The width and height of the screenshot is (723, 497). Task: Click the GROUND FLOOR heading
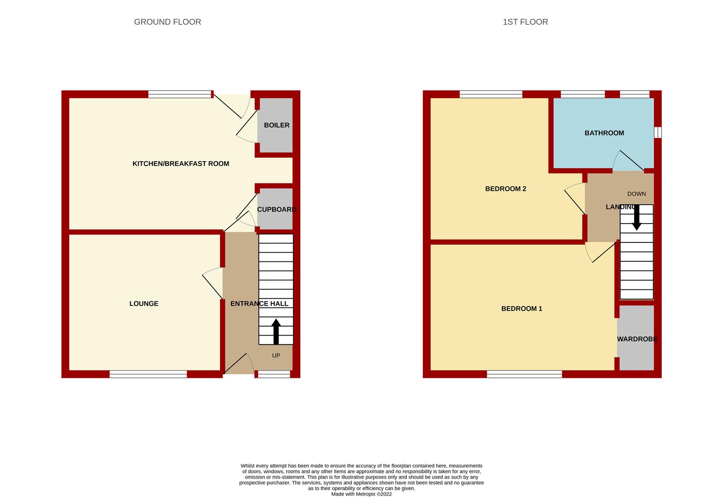click(168, 22)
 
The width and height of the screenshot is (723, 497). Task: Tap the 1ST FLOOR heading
click(525, 22)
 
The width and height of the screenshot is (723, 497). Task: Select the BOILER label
click(277, 125)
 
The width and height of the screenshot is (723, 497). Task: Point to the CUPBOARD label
click(277, 209)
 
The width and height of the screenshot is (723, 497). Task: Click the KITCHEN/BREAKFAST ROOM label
click(181, 164)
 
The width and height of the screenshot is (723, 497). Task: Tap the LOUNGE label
click(144, 304)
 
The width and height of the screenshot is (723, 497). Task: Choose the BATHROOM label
click(604, 133)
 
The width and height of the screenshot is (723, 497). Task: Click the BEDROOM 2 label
click(506, 189)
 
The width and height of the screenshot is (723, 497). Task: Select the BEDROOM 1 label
click(521, 308)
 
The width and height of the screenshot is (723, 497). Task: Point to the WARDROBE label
click(637, 339)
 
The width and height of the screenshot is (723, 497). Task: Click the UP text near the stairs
click(276, 355)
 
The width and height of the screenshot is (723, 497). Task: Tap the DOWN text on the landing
click(636, 194)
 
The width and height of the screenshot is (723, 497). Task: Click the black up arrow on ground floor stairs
click(276, 332)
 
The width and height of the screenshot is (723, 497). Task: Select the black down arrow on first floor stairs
click(636, 218)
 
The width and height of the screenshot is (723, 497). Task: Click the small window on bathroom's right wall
click(658, 133)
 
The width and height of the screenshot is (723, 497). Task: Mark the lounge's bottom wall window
click(148, 374)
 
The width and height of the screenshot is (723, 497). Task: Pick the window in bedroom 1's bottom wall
click(525, 374)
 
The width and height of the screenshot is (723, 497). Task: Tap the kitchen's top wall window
click(179, 94)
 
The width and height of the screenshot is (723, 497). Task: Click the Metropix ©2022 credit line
click(362, 494)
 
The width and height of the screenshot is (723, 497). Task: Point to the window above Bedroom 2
click(491, 94)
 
